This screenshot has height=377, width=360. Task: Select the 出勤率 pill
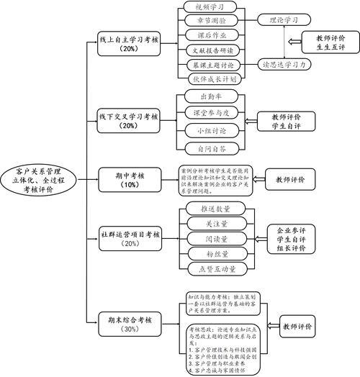pos(208,95)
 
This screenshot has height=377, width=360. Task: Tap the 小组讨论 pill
pos(208,131)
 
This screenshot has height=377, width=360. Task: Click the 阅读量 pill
pos(208,237)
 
